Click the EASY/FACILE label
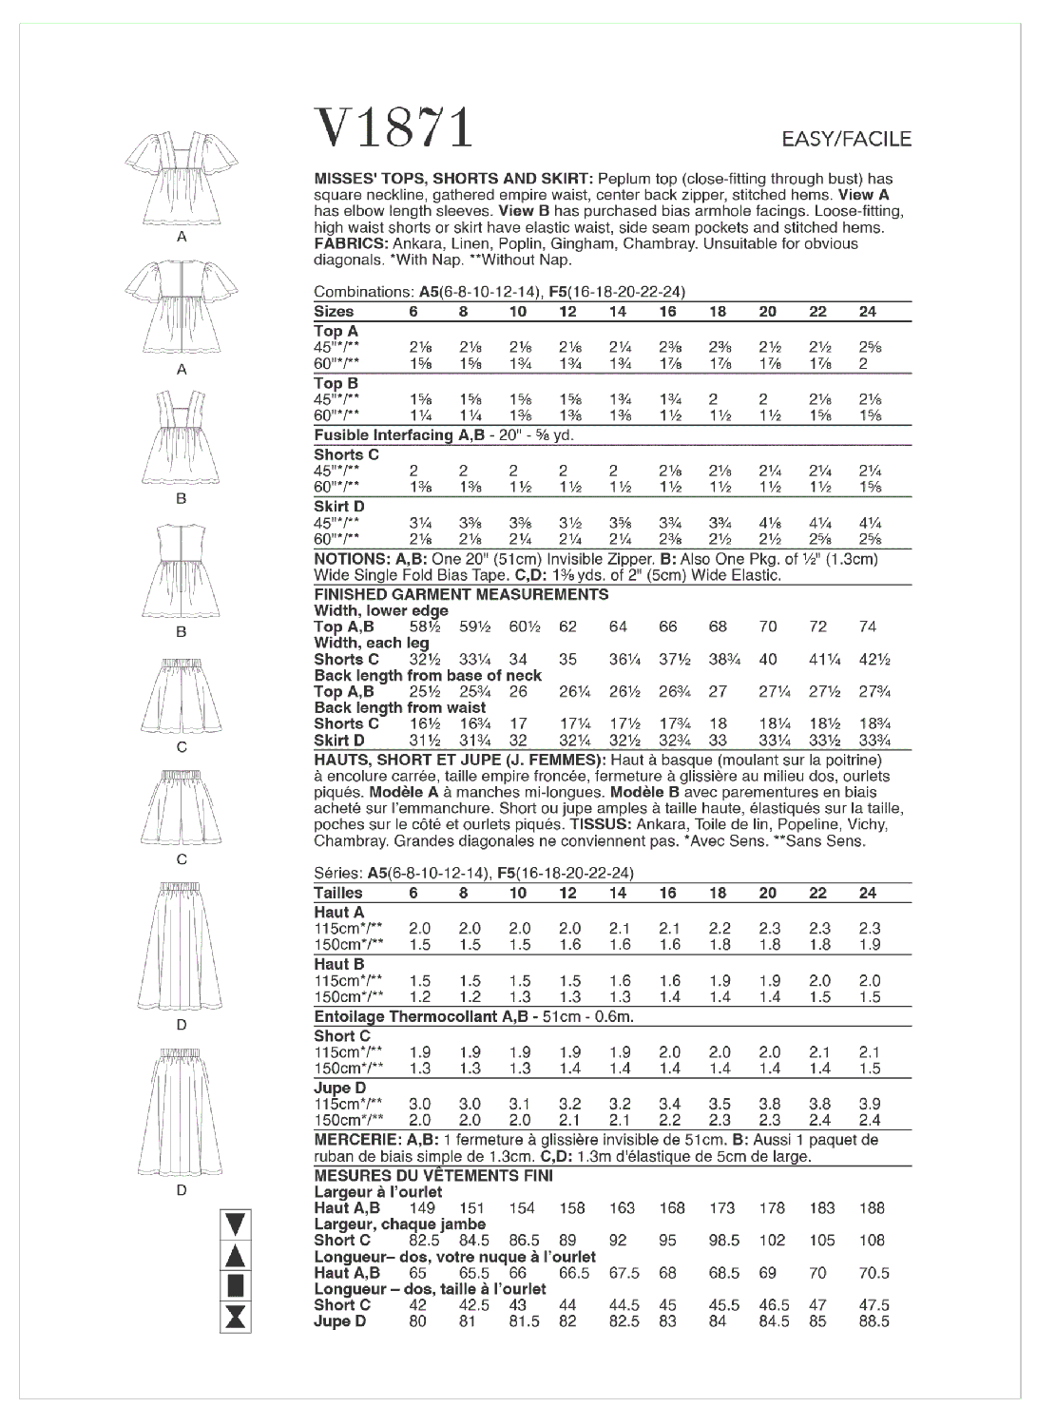click(846, 140)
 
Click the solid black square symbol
click(236, 1285)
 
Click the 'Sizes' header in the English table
click(334, 312)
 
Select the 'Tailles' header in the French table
click(338, 893)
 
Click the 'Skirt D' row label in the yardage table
click(338, 507)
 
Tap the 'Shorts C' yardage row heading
click(346, 454)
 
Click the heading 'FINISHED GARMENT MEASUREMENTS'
click(461, 594)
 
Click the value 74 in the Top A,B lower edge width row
click(867, 626)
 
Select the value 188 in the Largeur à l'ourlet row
click(871, 1208)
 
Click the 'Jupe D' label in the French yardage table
click(339, 1088)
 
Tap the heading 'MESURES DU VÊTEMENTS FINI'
click(433, 1175)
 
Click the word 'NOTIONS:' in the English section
click(352, 559)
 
